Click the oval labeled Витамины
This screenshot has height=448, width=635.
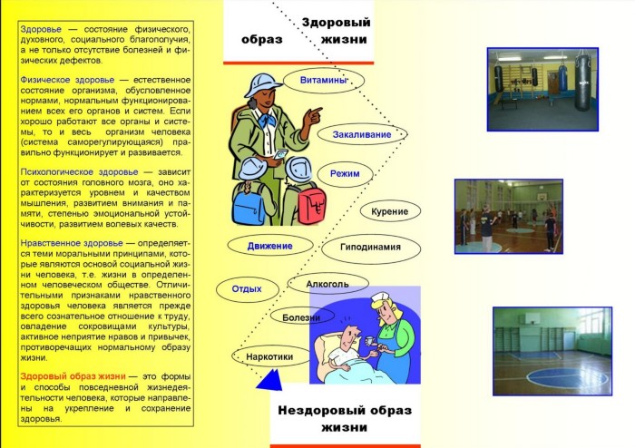(x=324, y=80)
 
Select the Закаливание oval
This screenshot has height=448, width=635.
(x=362, y=134)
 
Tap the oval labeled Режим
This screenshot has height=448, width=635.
(x=345, y=174)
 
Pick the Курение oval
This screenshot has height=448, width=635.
(x=390, y=211)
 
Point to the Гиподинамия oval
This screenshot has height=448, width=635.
(x=371, y=248)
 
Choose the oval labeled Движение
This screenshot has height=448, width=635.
(x=270, y=246)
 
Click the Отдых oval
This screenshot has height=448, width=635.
(x=247, y=289)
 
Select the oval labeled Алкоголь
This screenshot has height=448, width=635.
(x=327, y=284)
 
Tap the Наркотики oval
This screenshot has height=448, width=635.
(x=270, y=356)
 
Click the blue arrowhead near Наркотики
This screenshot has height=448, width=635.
(x=270, y=381)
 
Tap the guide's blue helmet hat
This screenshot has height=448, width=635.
(x=262, y=84)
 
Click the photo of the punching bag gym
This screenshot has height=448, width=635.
(x=542, y=90)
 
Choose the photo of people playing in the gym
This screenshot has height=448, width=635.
(x=509, y=217)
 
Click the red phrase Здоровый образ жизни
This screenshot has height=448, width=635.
(x=73, y=376)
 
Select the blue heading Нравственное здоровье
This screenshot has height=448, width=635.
(x=72, y=243)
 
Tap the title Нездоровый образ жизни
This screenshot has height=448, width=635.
(x=345, y=418)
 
